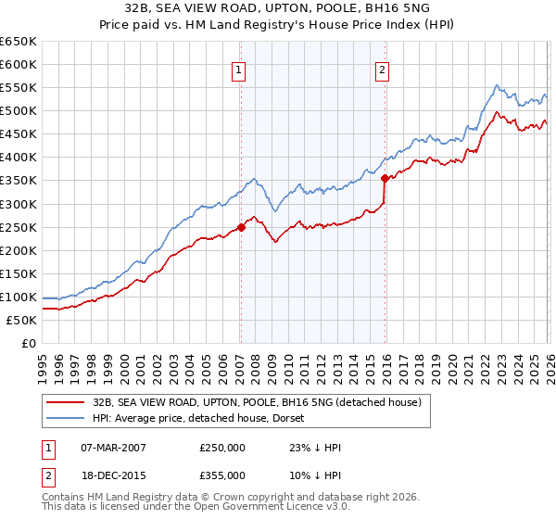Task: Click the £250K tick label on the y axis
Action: point(19,227)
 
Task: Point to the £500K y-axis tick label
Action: point(19,111)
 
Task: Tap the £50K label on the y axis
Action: point(21,320)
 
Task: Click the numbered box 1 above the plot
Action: point(239,69)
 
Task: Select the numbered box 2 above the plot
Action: point(382,69)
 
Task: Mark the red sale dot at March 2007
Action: point(241,226)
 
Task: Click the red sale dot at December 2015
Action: point(385,178)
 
